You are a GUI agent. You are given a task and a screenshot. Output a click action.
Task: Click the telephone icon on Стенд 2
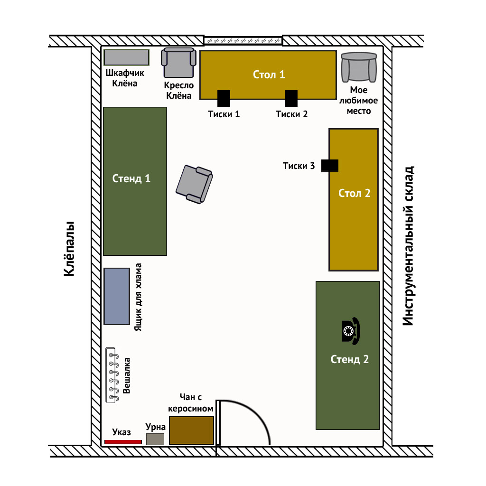click(x=351, y=331)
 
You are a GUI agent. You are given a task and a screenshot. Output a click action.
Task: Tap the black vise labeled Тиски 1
click(x=224, y=99)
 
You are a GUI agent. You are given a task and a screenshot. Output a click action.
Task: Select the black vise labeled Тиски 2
click(x=291, y=99)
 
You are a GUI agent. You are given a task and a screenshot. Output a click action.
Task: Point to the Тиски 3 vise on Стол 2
click(x=330, y=166)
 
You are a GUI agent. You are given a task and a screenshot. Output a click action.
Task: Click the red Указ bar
click(x=123, y=442)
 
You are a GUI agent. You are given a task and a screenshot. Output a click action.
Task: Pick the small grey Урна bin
click(x=155, y=439)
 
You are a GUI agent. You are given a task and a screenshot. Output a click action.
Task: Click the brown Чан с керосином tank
click(x=192, y=430)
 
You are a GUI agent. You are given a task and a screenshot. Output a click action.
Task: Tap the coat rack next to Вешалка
click(x=112, y=375)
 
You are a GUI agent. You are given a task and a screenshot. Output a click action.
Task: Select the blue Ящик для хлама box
click(x=117, y=296)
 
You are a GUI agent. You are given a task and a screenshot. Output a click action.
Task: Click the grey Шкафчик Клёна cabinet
click(x=126, y=57)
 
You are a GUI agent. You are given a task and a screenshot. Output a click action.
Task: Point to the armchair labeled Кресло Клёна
click(x=179, y=63)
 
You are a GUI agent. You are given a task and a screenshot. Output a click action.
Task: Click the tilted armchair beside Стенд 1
click(x=194, y=184)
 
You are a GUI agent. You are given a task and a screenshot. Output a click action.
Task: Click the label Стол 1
click(x=269, y=75)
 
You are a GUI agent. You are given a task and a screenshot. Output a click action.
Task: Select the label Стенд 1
click(x=131, y=178)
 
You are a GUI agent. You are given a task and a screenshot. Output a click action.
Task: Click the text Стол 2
click(x=354, y=193)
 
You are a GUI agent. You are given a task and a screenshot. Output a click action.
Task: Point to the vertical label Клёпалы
click(x=69, y=249)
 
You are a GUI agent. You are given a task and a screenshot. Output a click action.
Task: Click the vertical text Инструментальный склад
click(x=408, y=246)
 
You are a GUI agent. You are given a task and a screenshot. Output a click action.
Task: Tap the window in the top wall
click(x=243, y=41)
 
